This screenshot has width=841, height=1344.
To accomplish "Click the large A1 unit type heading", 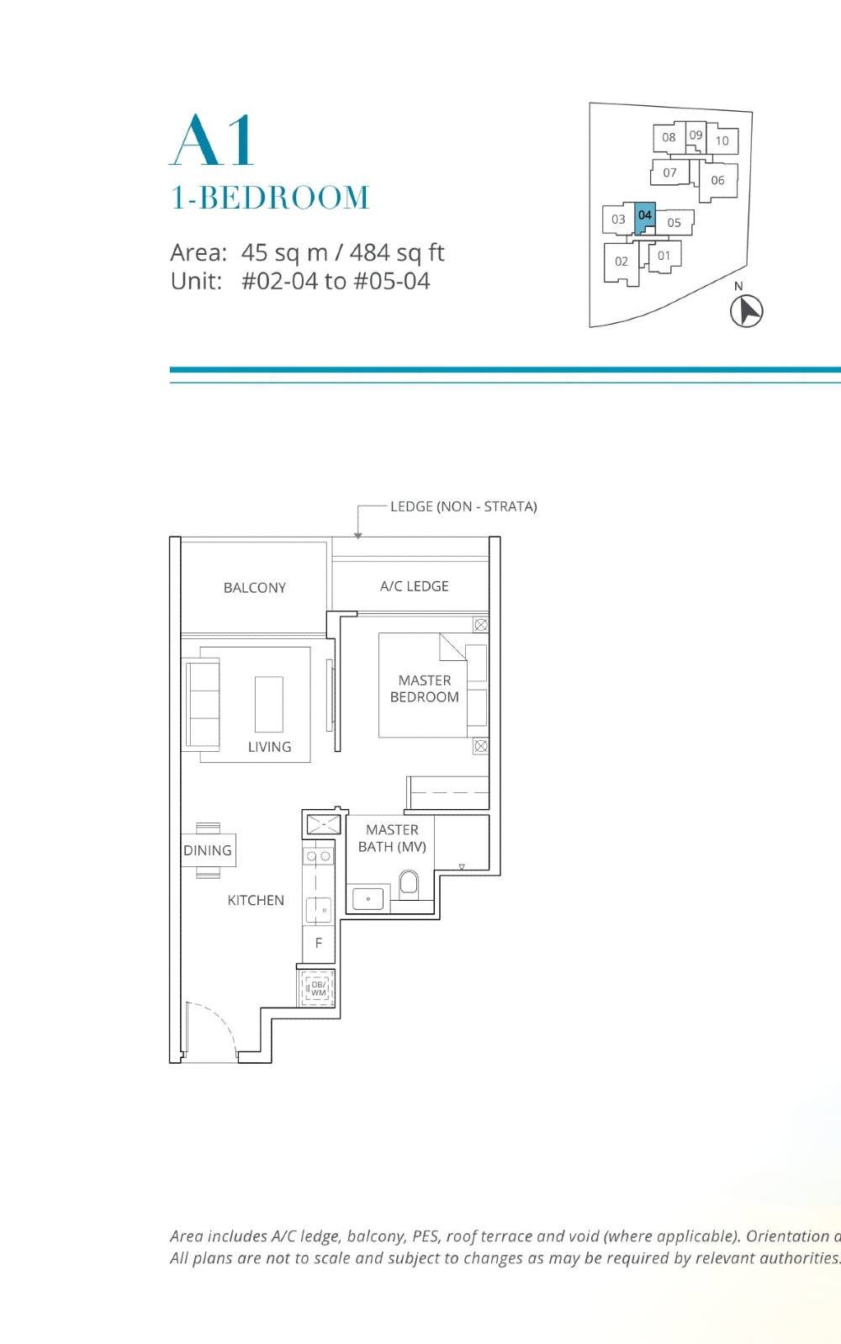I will tap(213, 140).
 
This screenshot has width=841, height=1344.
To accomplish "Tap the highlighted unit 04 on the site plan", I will tap(644, 216).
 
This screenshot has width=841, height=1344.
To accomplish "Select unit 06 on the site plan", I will tap(717, 180).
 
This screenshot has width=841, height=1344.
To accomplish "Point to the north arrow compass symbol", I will tap(746, 310).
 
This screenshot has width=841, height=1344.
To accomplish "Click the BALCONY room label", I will tap(254, 587).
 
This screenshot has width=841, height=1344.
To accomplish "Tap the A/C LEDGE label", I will tap(414, 586).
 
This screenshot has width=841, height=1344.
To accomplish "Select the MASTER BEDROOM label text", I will tap(424, 688).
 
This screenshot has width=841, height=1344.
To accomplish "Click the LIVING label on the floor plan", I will tap(269, 746).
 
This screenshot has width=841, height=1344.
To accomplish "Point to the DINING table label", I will tap(207, 850).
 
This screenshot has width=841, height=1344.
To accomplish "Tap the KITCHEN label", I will tap(256, 900).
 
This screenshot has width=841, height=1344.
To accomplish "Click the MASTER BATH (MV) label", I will tap(392, 838).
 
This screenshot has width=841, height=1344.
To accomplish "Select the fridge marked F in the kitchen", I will tap(319, 943).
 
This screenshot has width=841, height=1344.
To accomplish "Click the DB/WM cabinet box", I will tap(318, 988).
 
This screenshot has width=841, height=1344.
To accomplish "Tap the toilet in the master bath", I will tap(409, 883).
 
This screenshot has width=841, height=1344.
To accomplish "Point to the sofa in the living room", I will tap(202, 704).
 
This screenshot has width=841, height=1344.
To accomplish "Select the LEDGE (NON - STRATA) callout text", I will tap(463, 506).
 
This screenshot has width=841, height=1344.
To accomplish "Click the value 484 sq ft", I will tap(397, 252).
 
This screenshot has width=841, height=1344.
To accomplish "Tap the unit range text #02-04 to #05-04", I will tap(336, 281).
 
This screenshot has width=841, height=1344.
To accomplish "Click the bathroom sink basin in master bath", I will tap(368, 899).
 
